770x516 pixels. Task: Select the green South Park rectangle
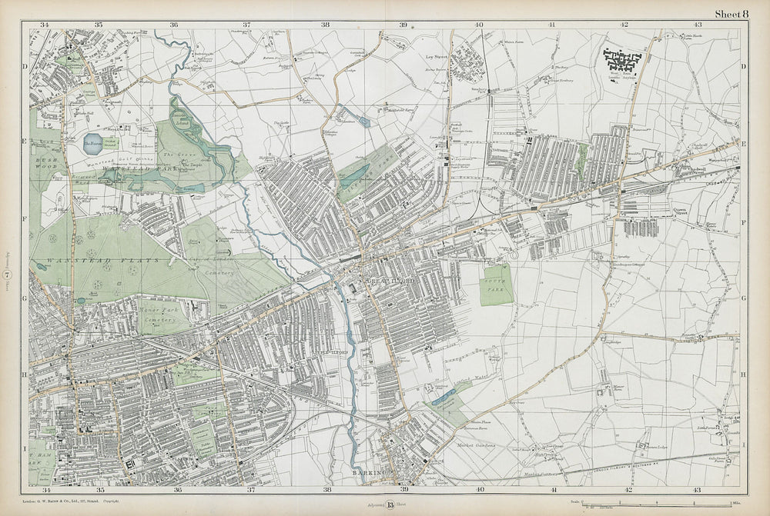pos(497,284)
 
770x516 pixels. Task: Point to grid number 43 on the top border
pos(696,25)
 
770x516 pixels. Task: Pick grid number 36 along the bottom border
pos(178,489)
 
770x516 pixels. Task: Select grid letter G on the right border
pos(744,295)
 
